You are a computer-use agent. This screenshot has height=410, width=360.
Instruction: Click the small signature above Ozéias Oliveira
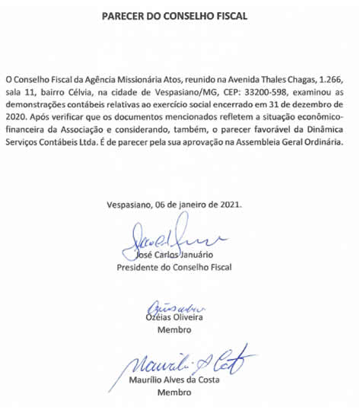point(174,307)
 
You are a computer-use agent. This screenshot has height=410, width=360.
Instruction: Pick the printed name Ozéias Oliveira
point(174,318)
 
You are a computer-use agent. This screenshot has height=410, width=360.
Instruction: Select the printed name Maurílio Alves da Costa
point(174,381)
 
